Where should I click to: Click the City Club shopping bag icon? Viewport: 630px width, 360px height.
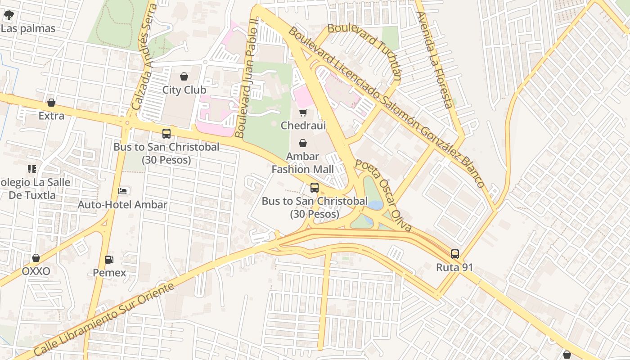[x=184, y=76]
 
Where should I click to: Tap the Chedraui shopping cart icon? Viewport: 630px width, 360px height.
[x=303, y=112]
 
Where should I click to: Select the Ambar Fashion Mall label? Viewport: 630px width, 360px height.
[x=303, y=163]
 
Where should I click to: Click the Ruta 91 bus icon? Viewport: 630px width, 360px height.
[x=455, y=254]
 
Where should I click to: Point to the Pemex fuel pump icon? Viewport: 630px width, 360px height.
[x=109, y=260]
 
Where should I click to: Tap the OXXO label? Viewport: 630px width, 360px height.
[x=36, y=271]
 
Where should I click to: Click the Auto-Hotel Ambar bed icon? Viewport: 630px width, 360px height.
[x=122, y=191]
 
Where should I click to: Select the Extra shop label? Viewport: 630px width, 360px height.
[x=51, y=116]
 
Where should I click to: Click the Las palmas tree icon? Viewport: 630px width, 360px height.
[x=9, y=16]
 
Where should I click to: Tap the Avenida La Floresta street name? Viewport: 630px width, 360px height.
[x=434, y=60]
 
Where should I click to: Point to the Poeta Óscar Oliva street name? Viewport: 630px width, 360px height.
[x=383, y=195]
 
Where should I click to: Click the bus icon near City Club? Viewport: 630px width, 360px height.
[x=166, y=134]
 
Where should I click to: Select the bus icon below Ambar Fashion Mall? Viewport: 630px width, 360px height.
[x=315, y=188]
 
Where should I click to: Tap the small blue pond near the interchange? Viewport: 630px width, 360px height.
[x=375, y=205]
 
